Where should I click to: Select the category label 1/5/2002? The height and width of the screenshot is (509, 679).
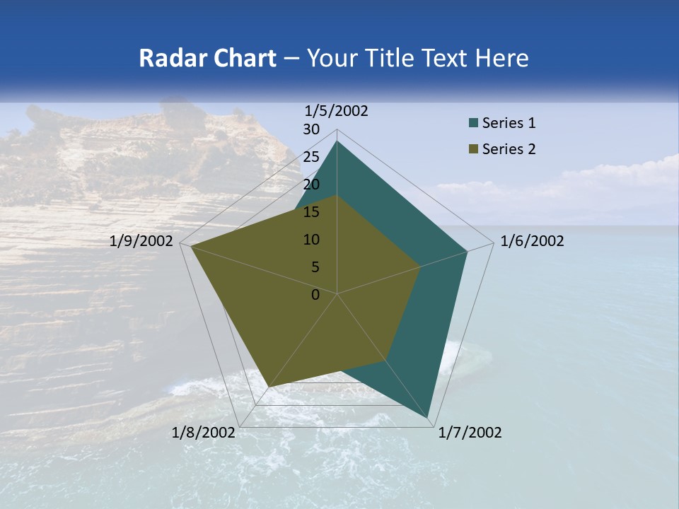tap(337, 110)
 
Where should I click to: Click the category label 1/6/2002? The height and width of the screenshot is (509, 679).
tap(532, 241)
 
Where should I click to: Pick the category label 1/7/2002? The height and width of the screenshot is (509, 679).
tap(470, 433)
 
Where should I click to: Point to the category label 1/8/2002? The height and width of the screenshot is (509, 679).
tap(204, 433)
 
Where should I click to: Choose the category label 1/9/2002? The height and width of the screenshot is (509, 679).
tap(141, 241)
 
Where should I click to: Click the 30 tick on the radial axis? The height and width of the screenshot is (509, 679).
tap(311, 129)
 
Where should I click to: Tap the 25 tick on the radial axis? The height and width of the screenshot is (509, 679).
tap(311, 157)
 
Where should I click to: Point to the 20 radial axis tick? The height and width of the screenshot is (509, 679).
tap(311, 185)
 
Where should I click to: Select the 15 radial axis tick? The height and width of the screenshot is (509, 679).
tap(311, 212)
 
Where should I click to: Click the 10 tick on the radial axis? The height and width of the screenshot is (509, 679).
tap(311, 240)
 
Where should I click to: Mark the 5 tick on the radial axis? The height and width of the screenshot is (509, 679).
tap(315, 267)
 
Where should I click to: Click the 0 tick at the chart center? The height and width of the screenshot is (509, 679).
tap(315, 295)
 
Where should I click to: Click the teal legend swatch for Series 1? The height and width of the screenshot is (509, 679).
tap(473, 124)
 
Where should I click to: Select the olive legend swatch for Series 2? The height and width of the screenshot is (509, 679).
tap(473, 149)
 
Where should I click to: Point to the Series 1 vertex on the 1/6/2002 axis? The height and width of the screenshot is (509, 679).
tap(467, 252)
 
